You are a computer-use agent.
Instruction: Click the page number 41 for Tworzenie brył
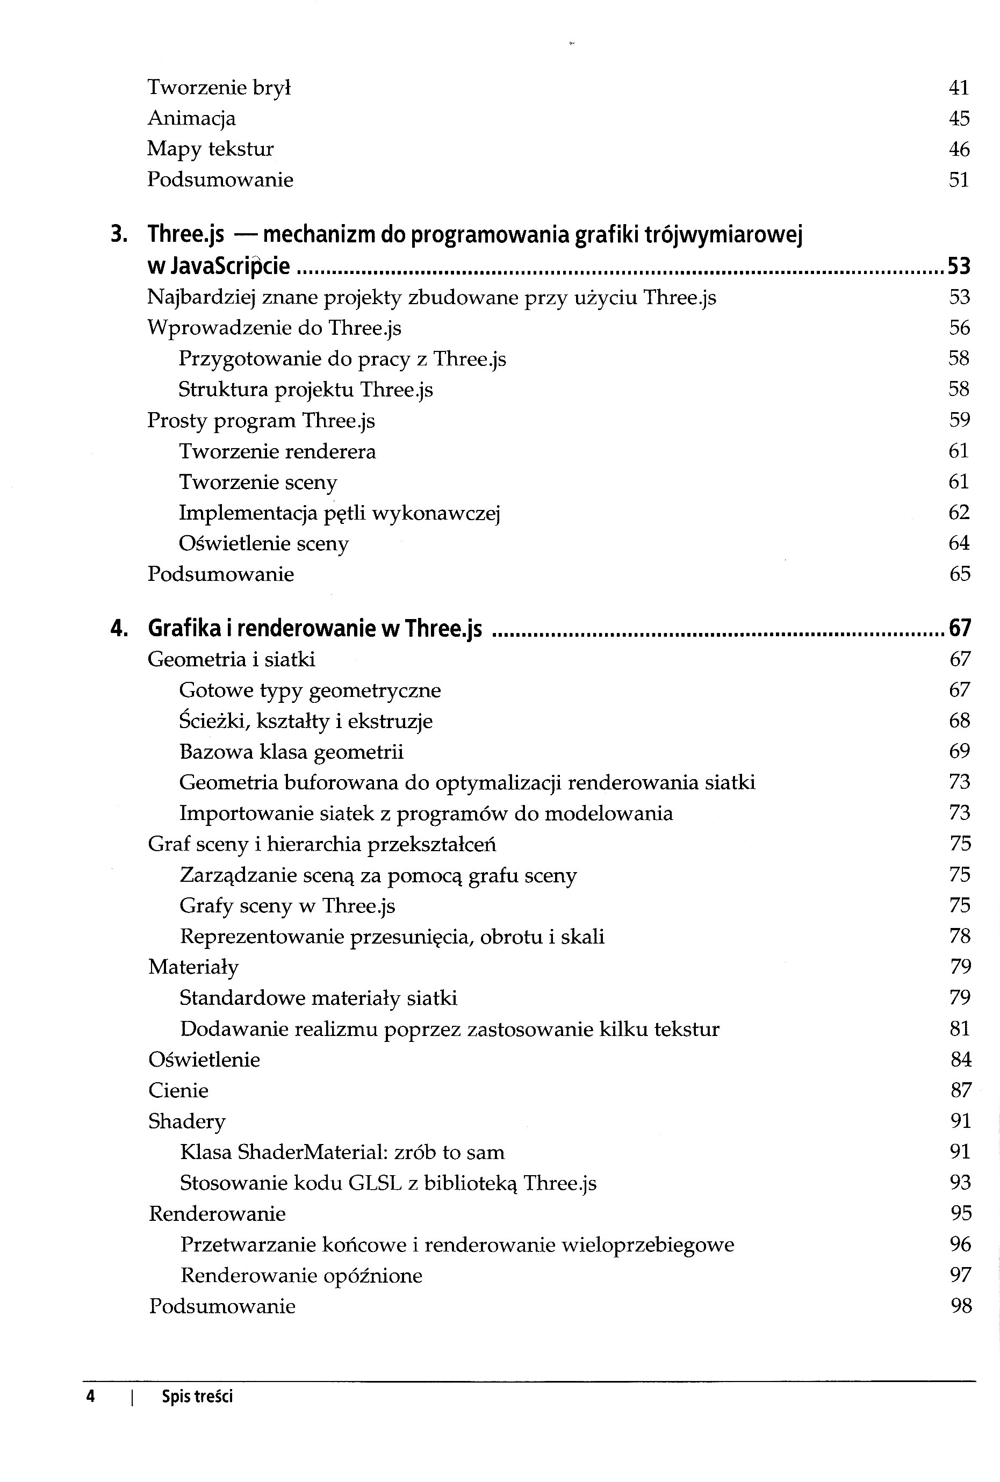959,88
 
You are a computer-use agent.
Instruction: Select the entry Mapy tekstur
211,149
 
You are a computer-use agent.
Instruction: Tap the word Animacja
191,119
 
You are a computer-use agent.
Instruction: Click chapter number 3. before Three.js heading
119,235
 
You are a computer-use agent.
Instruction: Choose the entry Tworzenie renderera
277,451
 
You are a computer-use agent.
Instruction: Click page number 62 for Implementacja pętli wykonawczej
959,513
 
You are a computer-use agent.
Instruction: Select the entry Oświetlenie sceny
263,544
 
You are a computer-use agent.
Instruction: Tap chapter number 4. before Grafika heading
119,629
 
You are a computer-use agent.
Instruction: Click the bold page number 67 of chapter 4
960,629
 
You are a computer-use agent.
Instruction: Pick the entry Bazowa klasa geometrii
291,752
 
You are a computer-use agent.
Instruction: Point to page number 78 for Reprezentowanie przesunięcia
960,936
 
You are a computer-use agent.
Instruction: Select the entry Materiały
193,967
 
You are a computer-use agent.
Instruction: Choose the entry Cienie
178,1090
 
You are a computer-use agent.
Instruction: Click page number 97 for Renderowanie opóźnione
960,1275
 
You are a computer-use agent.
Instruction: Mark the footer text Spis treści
197,1397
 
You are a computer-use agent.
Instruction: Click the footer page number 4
91,1397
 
